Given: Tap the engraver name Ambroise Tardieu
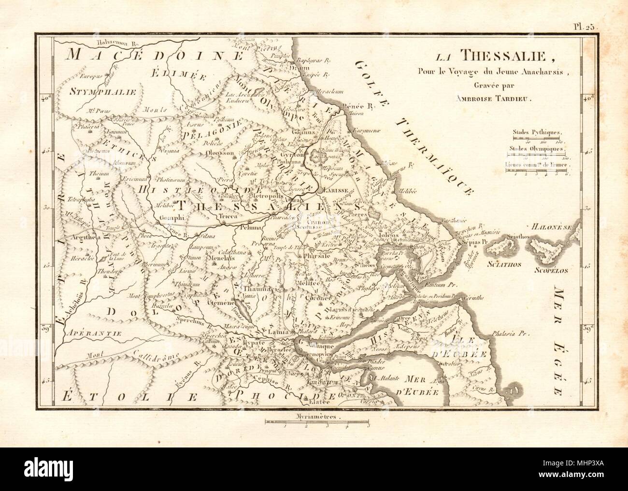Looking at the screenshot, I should (x=489, y=97).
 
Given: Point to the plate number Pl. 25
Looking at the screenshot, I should (x=585, y=27).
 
